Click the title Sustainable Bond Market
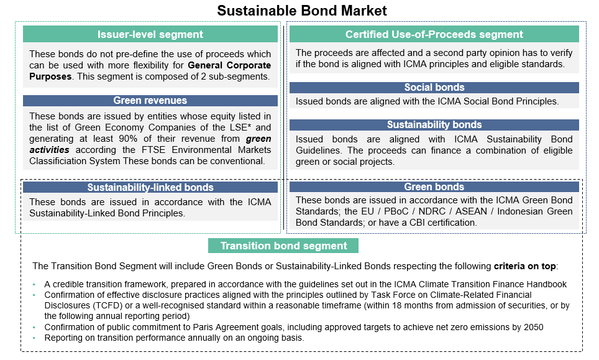point(301,11)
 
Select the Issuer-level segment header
point(150,34)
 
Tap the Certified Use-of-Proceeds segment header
point(434,34)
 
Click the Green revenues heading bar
point(150,100)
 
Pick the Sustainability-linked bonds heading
point(150,187)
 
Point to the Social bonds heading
point(434,88)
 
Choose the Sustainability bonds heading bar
point(434,125)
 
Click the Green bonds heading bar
point(434,187)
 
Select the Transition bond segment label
point(283,246)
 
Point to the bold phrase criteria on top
point(525,266)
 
